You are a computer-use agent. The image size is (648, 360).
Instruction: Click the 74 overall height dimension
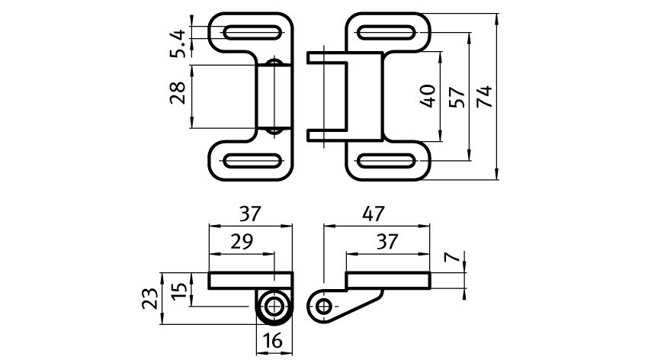tap(483, 96)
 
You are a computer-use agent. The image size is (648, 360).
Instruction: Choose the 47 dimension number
tap(374, 214)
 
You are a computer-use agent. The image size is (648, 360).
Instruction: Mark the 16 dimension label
tap(273, 341)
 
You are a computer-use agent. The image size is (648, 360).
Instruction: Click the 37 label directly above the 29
tap(250, 214)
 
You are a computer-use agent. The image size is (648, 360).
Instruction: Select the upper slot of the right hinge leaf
tap(388, 32)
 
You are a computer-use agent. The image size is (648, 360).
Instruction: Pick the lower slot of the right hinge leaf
tap(388, 162)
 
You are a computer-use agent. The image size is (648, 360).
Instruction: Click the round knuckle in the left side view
tap(273, 307)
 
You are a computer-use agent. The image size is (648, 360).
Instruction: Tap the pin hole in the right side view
tap(324, 307)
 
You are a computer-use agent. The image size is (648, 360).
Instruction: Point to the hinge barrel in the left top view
tap(274, 96)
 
